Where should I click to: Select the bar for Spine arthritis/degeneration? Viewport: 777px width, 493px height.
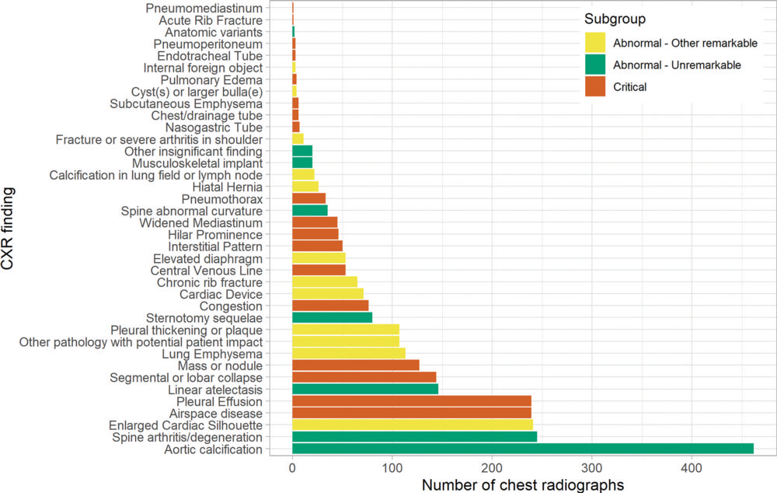pos(414,438)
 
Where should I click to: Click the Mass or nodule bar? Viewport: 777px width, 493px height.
pos(355,365)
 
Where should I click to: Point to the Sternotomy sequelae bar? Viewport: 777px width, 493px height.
pos(332,318)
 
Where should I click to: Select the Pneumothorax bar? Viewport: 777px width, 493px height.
pos(308,198)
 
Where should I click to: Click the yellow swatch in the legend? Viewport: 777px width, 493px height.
pos(595,44)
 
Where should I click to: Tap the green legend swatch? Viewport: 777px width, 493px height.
pos(595,65)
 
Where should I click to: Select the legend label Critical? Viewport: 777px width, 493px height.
pos(629,88)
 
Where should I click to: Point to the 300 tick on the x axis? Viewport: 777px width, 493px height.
pos(591,469)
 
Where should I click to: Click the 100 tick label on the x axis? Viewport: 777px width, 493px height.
pos(392,469)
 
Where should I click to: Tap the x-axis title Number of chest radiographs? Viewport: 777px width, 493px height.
pos(523,484)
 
